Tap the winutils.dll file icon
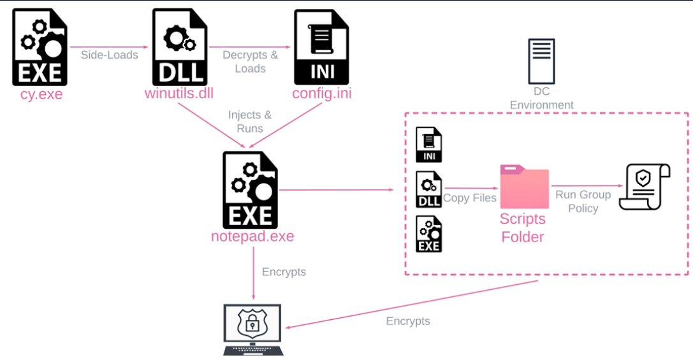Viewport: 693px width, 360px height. coord(180,48)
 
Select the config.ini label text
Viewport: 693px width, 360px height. coord(322,94)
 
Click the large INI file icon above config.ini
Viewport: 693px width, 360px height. coord(321,48)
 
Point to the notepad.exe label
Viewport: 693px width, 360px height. coord(252,236)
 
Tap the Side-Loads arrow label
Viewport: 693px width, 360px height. coord(109,55)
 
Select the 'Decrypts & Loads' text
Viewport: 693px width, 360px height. coord(250,61)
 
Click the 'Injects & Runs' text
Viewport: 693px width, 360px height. coord(250,121)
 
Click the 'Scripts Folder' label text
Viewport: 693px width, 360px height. coord(523,227)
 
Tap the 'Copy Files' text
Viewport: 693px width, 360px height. coord(470,198)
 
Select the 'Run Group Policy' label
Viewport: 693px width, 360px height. coord(583,201)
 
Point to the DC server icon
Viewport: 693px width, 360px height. coord(541,61)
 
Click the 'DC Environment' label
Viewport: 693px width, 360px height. coord(541,99)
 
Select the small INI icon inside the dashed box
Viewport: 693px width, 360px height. coord(428,145)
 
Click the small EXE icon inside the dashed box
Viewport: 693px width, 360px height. coord(428,234)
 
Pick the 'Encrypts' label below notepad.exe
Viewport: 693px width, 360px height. coord(284,272)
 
